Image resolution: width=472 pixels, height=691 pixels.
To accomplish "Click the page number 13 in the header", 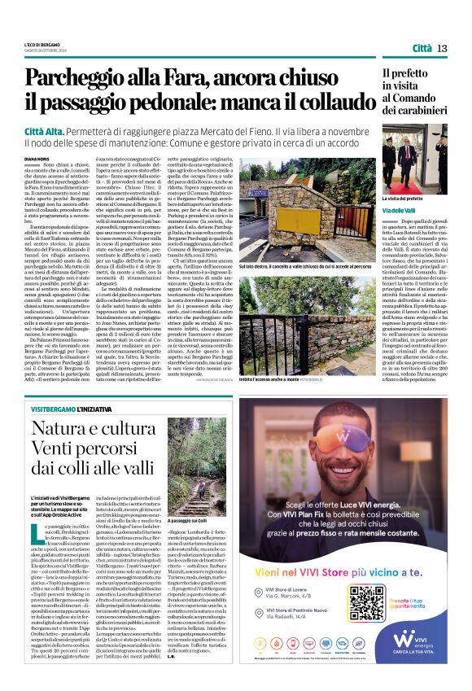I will point(442,49).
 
